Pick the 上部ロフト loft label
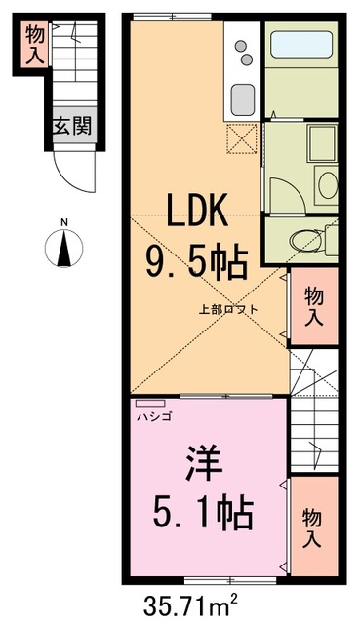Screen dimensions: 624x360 click(229, 310)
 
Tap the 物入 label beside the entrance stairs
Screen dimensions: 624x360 click(35, 43)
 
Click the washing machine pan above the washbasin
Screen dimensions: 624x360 click(321, 143)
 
